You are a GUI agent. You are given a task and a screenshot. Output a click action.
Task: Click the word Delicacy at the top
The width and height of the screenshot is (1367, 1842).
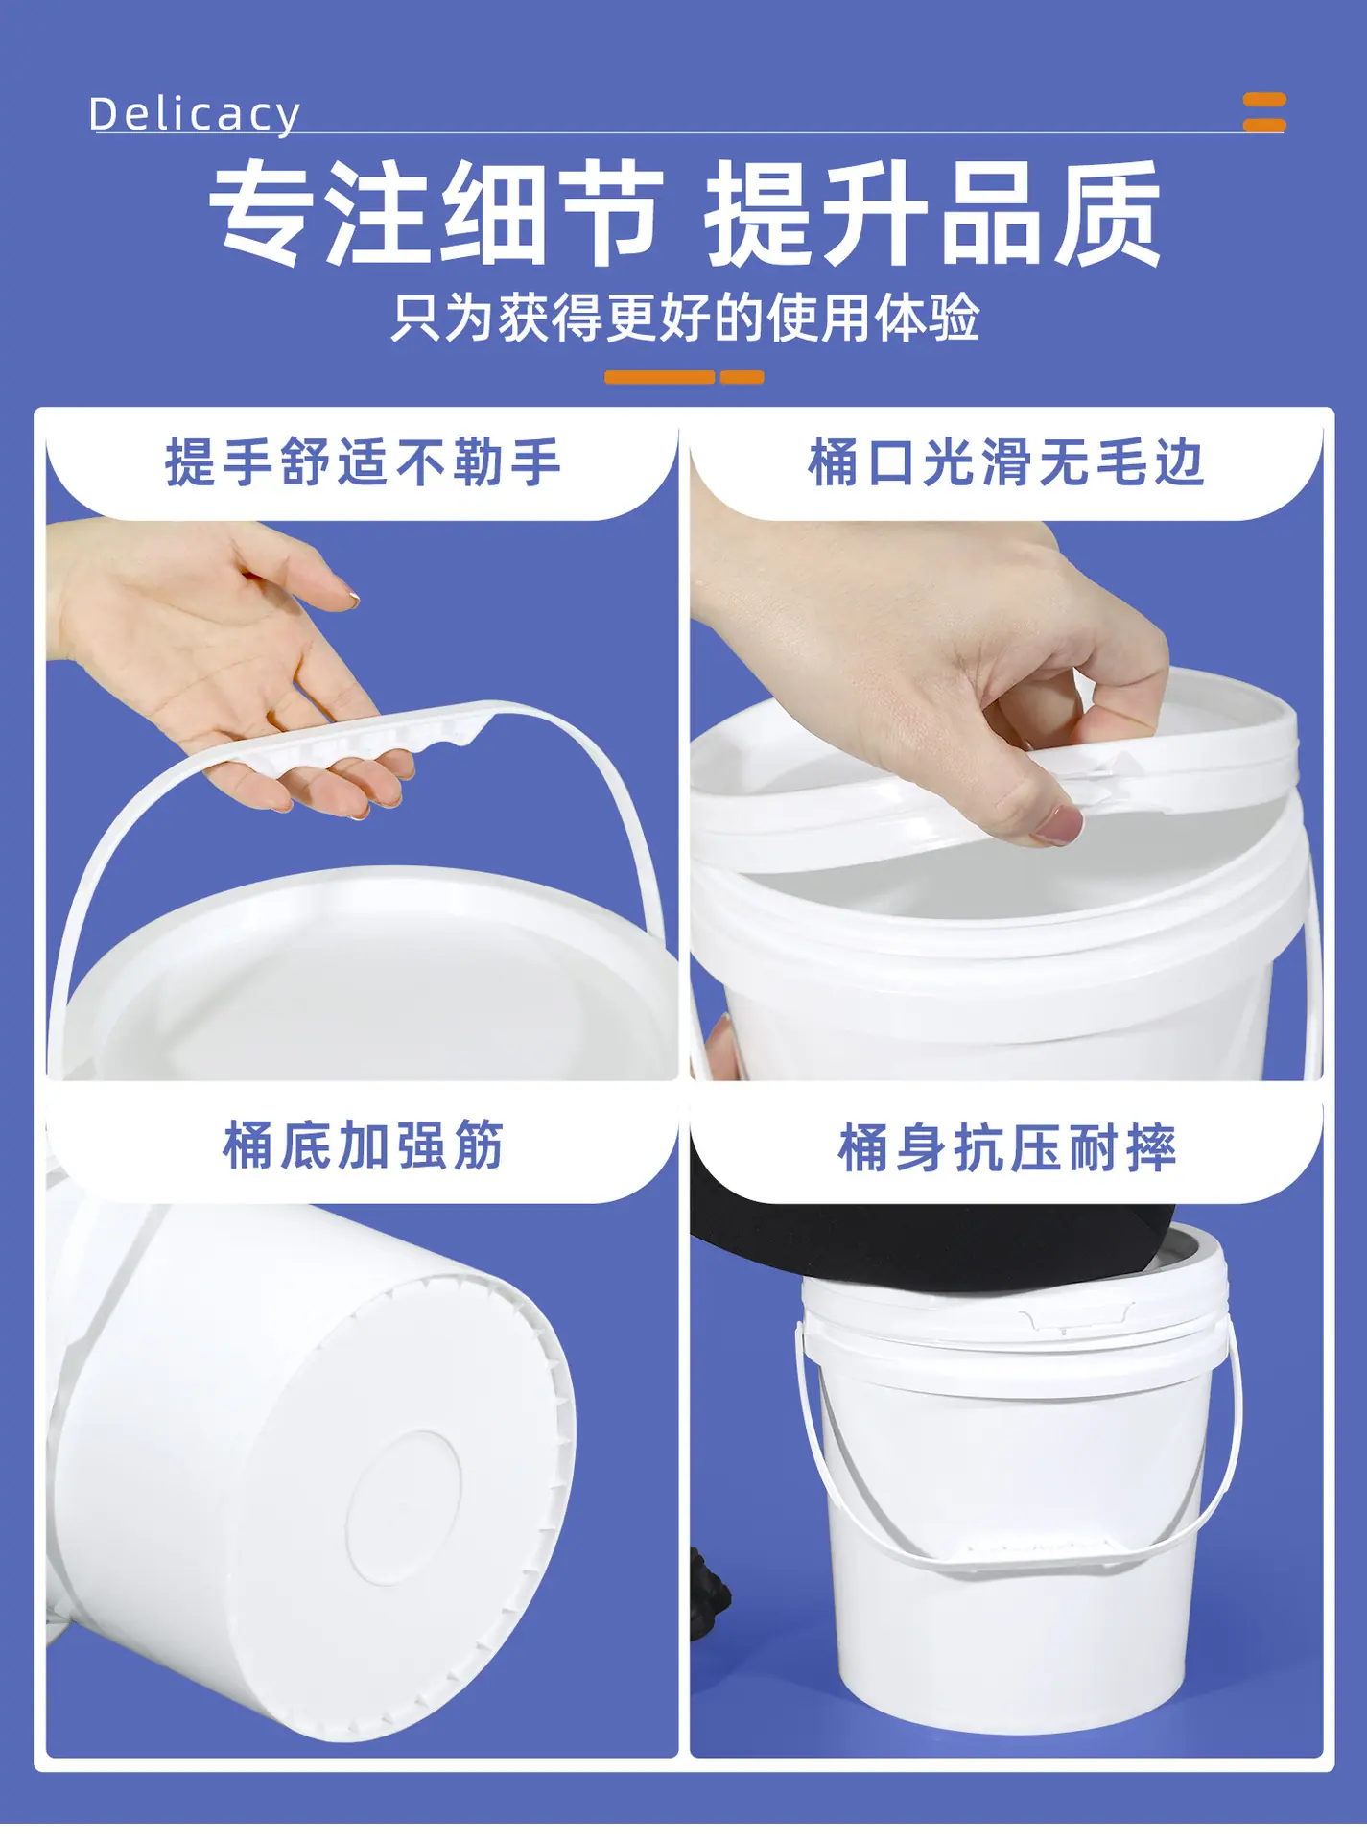(195, 114)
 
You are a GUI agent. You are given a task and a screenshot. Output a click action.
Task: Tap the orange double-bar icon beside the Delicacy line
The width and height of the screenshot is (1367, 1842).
(1263, 112)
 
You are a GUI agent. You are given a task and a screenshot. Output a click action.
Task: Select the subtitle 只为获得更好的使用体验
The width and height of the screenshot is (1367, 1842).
(685, 318)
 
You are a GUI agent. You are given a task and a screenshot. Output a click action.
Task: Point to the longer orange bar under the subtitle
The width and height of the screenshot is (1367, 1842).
(659, 377)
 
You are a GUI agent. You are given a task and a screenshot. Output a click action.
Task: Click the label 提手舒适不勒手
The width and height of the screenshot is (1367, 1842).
(363, 462)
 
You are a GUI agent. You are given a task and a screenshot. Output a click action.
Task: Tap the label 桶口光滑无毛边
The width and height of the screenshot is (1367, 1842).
(1005, 462)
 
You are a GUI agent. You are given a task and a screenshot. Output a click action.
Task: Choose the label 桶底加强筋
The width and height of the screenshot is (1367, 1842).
(363, 1145)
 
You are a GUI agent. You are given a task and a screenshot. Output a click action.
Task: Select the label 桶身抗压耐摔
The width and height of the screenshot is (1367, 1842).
(1006, 1147)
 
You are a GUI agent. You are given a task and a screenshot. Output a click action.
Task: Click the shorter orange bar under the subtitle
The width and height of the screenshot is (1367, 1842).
(742, 377)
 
